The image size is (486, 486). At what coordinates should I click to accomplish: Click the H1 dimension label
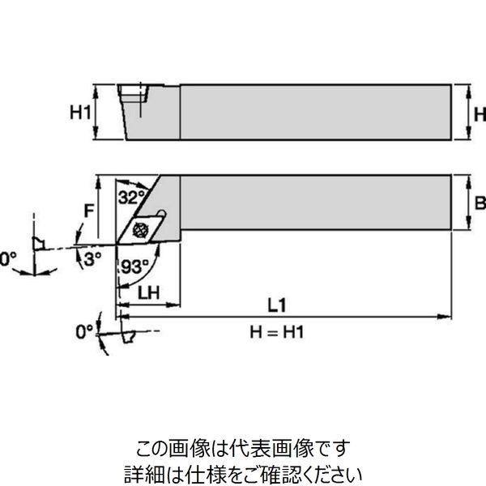79,113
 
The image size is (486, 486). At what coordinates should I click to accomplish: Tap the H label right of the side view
478,113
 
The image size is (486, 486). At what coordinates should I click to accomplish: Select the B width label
478,202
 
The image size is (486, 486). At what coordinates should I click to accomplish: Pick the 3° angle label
95,258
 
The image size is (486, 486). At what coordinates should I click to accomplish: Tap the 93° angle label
136,265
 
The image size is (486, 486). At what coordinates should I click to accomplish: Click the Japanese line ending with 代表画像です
242,446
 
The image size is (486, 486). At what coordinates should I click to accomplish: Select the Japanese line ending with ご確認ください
242,469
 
